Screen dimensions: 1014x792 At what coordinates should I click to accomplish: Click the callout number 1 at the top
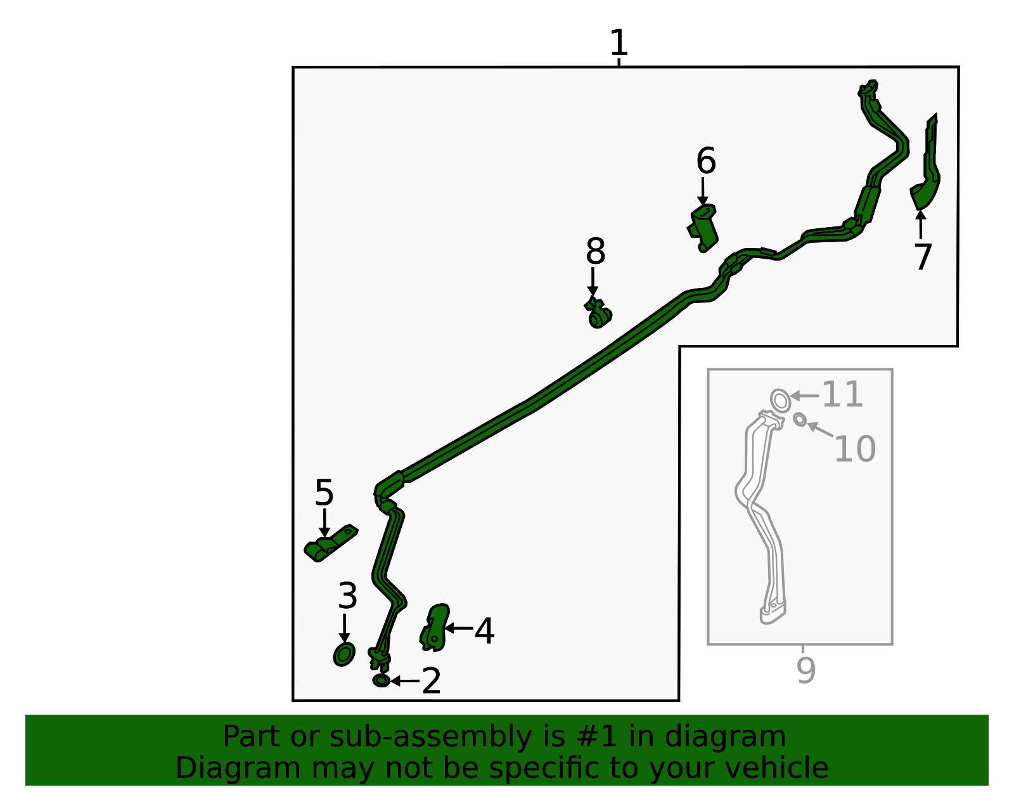coord(619,42)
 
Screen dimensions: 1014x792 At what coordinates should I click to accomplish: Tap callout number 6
coord(705,160)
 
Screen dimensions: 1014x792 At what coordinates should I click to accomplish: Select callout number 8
coord(596,251)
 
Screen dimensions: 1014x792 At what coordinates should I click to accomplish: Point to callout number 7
coord(923,257)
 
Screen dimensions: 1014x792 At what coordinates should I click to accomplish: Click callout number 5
coord(324,492)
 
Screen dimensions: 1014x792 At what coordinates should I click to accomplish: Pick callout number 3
coord(348,595)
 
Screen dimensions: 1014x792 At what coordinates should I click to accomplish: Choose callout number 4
coord(484,631)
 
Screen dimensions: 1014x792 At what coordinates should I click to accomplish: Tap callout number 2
coord(431,680)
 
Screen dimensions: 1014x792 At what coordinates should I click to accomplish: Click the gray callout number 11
coord(842,394)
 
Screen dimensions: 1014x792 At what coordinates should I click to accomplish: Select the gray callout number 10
coord(854,448)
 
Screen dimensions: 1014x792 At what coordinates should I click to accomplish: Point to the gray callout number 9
coord(806,670)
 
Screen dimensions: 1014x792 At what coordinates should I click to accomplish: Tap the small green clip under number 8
coord(598,313)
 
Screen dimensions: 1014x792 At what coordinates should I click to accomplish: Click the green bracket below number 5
coord(330,543)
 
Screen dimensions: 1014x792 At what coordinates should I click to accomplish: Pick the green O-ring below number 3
coord(344,654)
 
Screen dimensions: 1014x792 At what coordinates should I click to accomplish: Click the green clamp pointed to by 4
coord(435,627)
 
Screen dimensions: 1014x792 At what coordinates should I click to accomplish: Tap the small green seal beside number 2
coord(382,680)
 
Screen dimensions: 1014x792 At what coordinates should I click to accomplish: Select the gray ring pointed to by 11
coord(780,400)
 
